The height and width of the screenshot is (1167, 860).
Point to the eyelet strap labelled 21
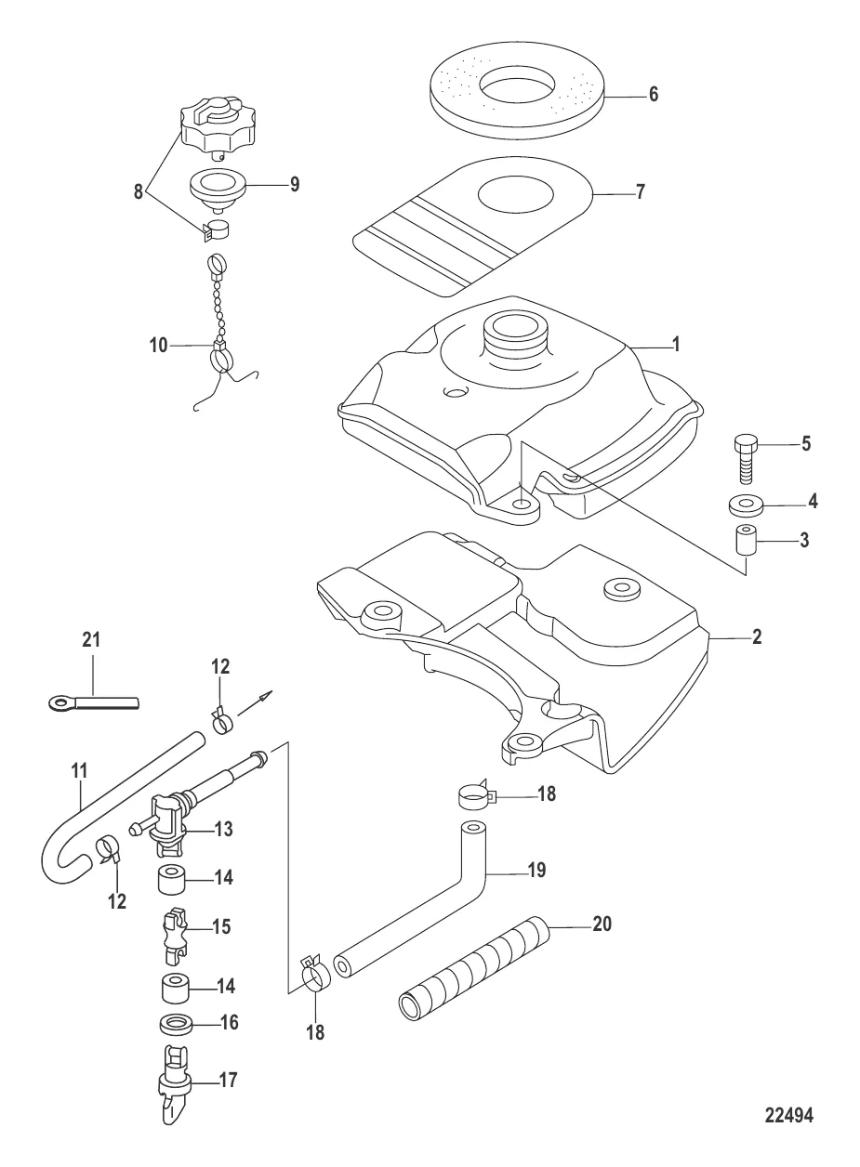click(x=93, y=703)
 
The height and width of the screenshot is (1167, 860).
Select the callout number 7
click(x=639, y=194)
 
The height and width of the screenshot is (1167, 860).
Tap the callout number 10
click(x=158, y=345)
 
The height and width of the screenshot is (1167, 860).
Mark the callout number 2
click(x=756, y=638)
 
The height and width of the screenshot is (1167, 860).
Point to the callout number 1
click(x=677, y=345)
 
